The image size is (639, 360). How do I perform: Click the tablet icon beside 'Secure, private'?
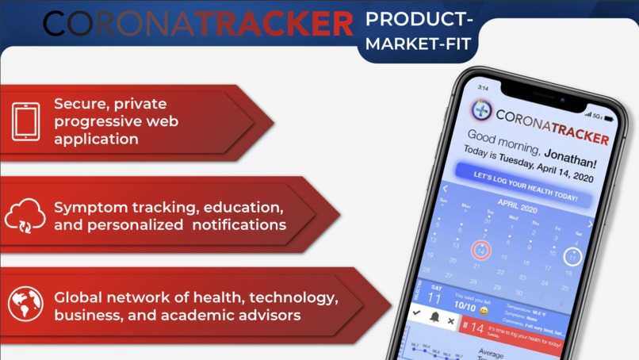[x=26, y=122]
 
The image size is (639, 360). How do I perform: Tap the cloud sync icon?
[x=25, y=215]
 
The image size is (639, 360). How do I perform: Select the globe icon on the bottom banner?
[x=25, y=304]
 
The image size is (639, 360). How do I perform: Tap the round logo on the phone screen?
[x=481, y=109]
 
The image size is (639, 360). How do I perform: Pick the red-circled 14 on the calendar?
[x=481, y=251]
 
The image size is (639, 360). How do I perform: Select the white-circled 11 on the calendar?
[x=572, y=257]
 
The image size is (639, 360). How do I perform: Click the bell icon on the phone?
[x=434, y=317]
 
